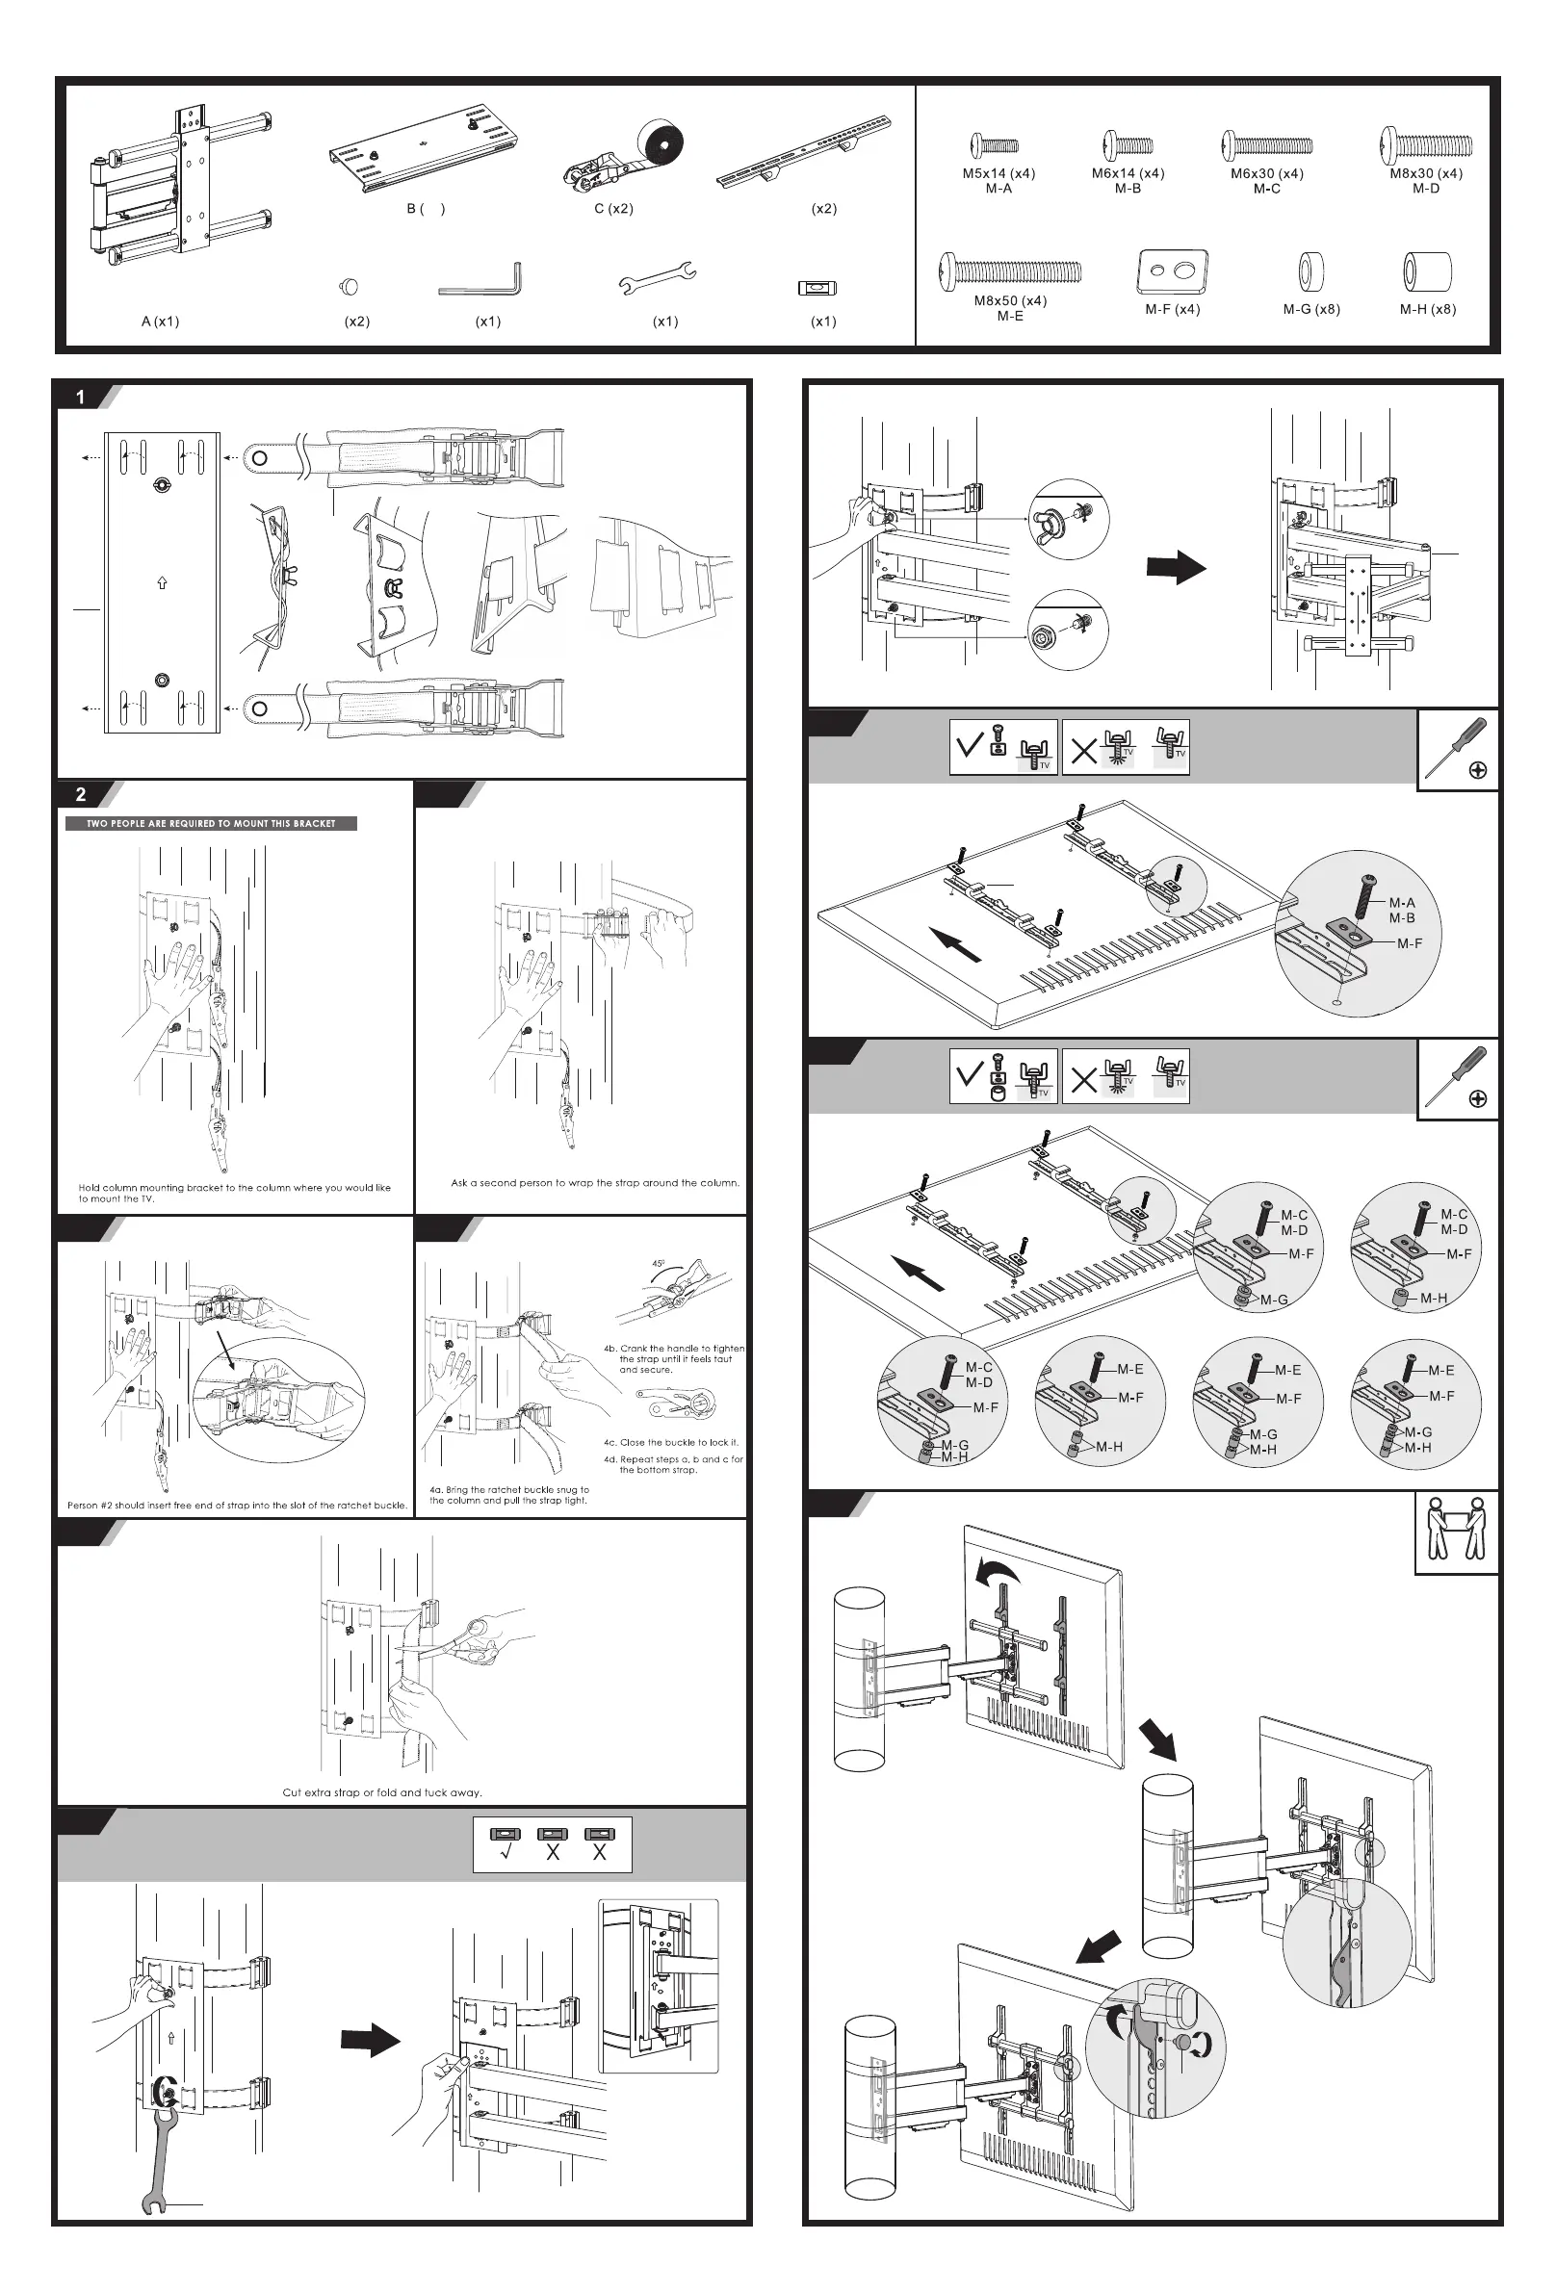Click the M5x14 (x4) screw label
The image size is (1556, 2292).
[x=998, y=173]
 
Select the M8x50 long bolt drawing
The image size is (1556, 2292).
[x=1009, y=270]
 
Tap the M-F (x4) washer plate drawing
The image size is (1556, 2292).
[x=1172, y=271]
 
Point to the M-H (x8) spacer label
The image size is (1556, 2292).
[x=1427, y=309]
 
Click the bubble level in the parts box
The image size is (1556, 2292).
[x=817, y=288]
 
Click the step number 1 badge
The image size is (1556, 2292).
[x=81, y=398]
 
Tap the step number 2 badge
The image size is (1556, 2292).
[x=81, y=794]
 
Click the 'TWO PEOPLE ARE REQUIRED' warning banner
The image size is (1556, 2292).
[x=211, y=823]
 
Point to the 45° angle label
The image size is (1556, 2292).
[x=658, y=1263]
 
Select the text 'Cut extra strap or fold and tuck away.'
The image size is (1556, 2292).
[x=382, y=1792]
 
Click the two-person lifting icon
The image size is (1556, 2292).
[x=1455, y=1531]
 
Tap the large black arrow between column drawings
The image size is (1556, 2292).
[x=1176, y=568]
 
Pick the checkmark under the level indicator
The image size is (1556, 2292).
[x=506, y=1852]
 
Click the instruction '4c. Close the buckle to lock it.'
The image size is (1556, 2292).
[x=671, y=1442]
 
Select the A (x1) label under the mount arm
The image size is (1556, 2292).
[x=160, y=322]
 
